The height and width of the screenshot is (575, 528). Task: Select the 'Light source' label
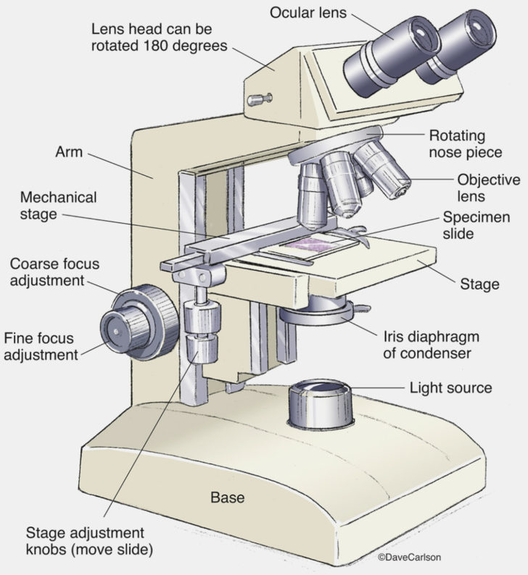450,388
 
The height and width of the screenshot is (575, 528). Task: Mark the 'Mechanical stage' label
59,205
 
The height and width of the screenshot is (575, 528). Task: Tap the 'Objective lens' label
488,188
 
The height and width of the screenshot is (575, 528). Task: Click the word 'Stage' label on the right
479,284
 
